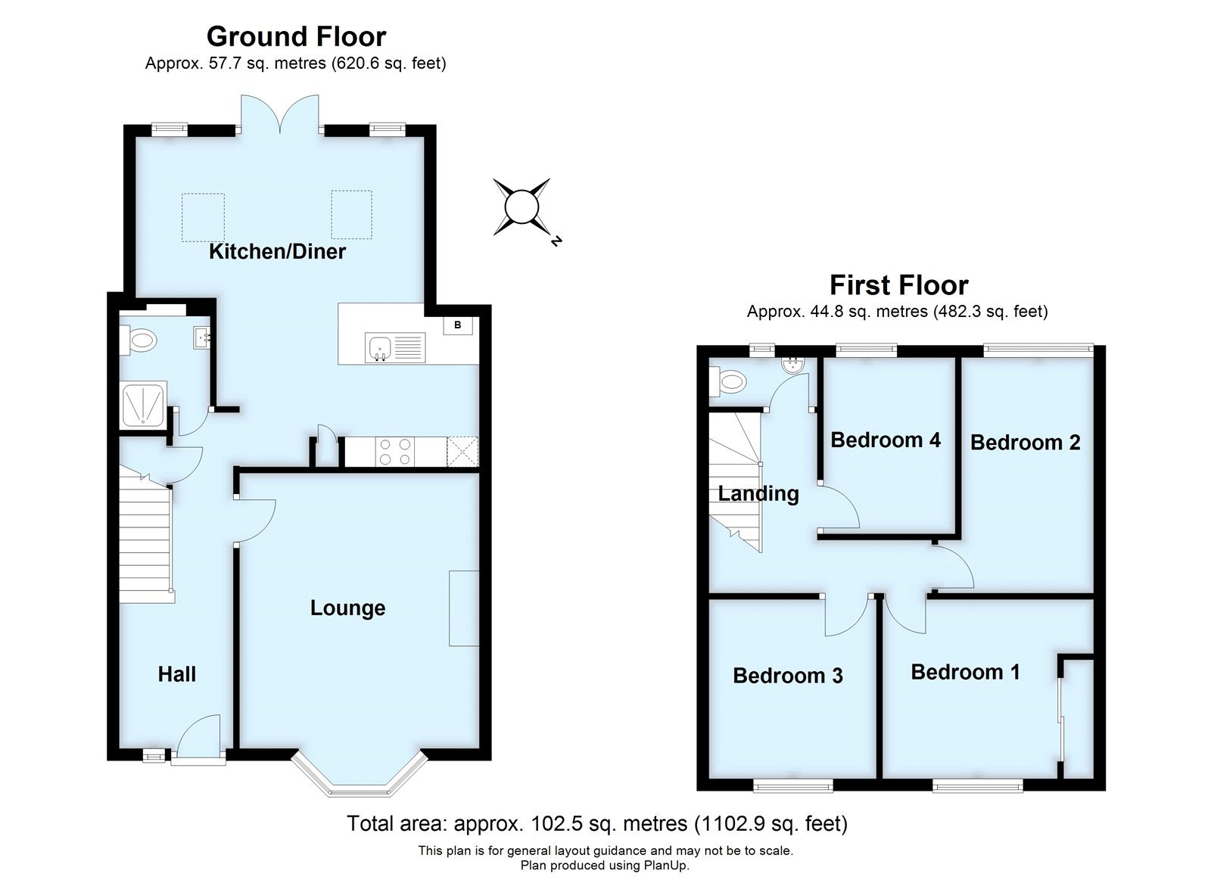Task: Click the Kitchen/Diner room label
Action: click(x=277, y=251)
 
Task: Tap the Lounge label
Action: click(x=347, y=608)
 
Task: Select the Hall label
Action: click(x=177, y=673)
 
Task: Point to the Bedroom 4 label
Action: click(x=885, y=440)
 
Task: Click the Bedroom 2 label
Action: click(x=1025, y=442)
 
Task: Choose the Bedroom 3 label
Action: click(x=787, y=675)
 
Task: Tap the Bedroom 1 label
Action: click(x=965, y=671)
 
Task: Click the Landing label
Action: click(x=758, y=493)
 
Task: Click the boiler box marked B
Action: click(x=457, y=325)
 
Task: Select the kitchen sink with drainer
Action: click(x=394, y=347)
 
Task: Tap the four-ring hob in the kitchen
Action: click(x=394, y=452)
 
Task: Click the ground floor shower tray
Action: click(x=142, y=403)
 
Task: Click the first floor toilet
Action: click(x=727, y=382)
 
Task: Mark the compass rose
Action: click(x=521, y=207)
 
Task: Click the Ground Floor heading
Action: click(x=296, y=36)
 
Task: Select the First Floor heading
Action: click(x=898, y=285)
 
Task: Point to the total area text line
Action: click(x=596, y=822)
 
